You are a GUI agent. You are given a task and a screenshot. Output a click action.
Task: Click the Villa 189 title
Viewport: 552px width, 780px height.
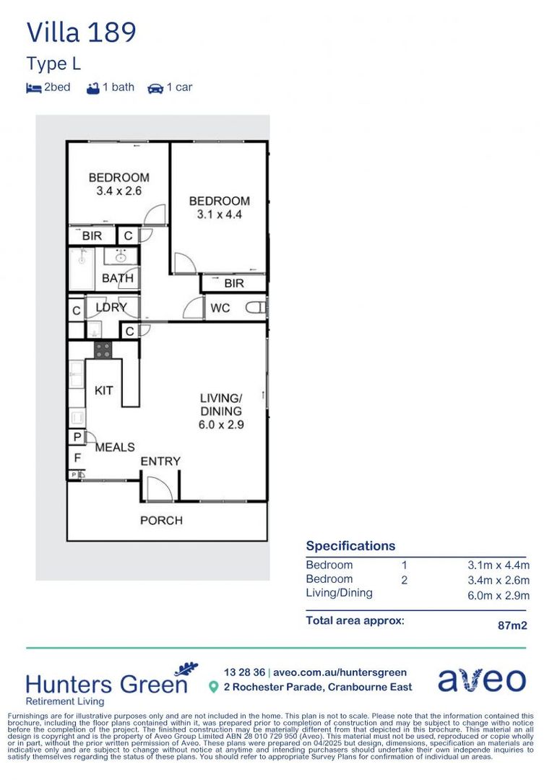coord(81,32)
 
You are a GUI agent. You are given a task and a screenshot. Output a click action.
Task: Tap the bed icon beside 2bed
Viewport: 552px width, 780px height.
coord(33,88)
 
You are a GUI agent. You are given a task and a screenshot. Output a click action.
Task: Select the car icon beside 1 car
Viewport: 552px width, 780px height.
coord(155,88)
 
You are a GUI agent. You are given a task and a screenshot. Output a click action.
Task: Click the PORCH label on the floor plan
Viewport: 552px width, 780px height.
coord(161,520)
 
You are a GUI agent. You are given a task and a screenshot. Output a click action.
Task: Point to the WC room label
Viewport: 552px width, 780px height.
coord(220,308)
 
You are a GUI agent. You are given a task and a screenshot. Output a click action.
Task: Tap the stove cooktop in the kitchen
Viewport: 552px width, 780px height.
coord(103,350)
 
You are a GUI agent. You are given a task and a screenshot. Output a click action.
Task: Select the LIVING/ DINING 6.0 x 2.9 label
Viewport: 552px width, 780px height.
coord(221,412)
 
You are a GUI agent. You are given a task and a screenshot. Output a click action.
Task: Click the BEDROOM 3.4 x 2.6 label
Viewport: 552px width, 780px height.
coord(118,184)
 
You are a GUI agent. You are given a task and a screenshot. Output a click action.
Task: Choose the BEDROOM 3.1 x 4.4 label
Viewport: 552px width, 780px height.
coord(219,208)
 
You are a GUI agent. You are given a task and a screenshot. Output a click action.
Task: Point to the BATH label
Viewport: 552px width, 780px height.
coord(117,278)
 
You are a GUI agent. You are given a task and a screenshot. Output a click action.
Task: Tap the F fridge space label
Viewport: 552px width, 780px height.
coord(77,457)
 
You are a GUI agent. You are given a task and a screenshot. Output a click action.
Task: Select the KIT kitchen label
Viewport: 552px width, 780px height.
coord(104,390)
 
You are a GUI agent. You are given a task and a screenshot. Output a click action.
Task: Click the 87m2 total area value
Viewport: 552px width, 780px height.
coord(512,625)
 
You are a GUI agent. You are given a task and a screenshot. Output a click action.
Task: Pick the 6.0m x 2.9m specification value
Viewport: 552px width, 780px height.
coord(498,595)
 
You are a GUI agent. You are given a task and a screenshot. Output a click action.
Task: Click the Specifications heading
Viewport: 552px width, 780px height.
coord(350,546)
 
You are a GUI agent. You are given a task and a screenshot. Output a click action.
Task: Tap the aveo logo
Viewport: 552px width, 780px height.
coord(482,680)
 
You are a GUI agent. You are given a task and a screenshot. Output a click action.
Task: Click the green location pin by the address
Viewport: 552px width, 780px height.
coord(213,688)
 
